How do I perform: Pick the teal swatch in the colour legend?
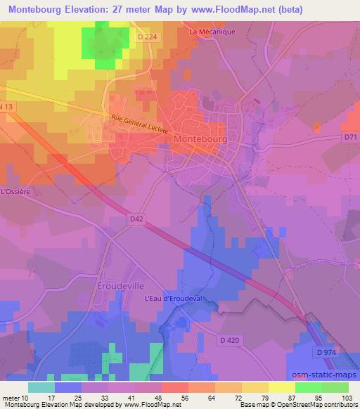tap(41, 387)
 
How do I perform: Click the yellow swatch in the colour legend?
tap(282, 387)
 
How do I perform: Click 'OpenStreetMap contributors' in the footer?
tap(318, 405)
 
